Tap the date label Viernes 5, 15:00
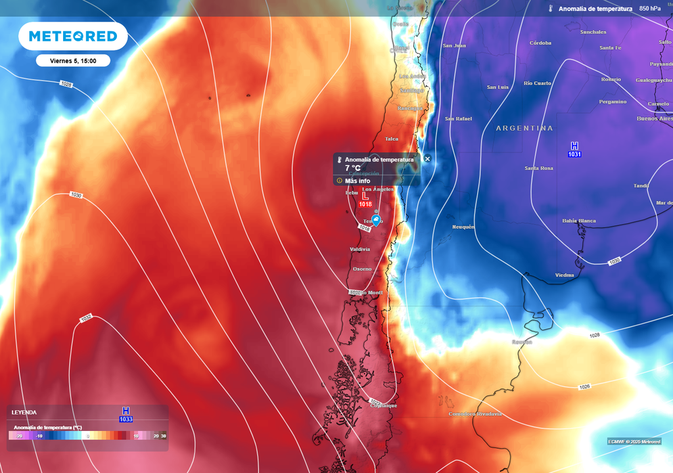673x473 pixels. [x=73, y=60]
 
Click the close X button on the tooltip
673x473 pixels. [x=427, y=158]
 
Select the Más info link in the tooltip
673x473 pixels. [x=358, y=181]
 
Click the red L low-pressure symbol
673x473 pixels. [x=365, y=196]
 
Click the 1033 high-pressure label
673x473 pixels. [x=126, y=419]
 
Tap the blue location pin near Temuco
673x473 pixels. [x=376, y=219]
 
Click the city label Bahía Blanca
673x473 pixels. [x=579, y=221]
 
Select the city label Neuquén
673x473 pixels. [x=463, y=227]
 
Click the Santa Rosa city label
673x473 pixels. [x=538, y=168]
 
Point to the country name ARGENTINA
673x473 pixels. [x=524, y=128]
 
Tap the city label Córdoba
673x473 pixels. [x=540, y=43]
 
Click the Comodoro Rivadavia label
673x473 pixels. [x=475, y=414]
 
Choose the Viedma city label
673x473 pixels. [x=564, y=275]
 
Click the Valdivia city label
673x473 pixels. [x=360, y=249]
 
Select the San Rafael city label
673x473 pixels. [x=458, y=118]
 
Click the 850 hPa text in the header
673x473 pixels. [x=649, y=9]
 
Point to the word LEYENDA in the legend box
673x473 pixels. [x=24, y=413]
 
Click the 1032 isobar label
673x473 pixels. [x=85, y=318]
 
